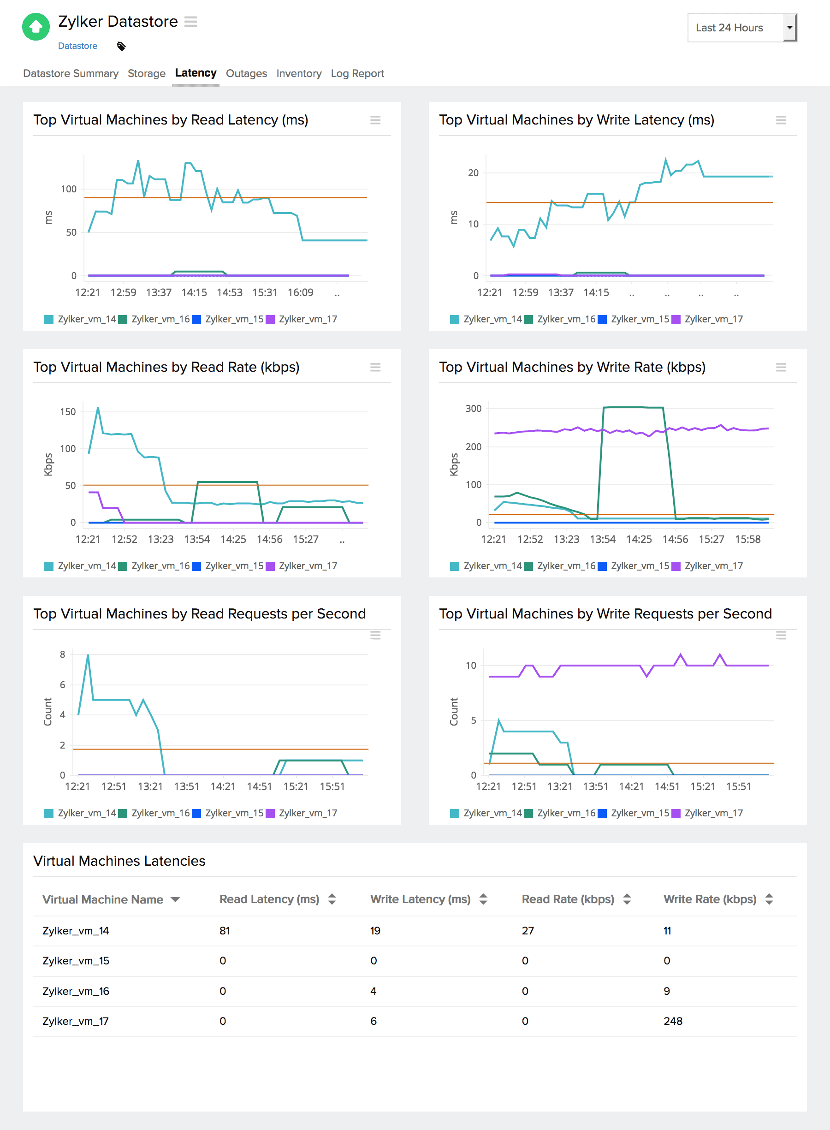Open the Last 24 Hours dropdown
point(741,28)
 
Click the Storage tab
point(146,73)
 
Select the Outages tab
point(246,73)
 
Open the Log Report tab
point(357,73)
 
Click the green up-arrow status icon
point(36,27)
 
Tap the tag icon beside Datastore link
point(121,46)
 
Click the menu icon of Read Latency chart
point(375,120)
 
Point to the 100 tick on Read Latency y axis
point(68,189)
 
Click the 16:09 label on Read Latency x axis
point(301,292)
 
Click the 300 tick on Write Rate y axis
point(473,409)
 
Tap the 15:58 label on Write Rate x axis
point(747,539)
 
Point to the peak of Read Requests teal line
point(88,655)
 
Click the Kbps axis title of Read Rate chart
point(48,464)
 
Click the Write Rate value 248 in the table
point(673,1021)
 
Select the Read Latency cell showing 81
point(225,931)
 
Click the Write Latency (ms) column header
point(421,899)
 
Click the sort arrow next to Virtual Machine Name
point(175,899)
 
